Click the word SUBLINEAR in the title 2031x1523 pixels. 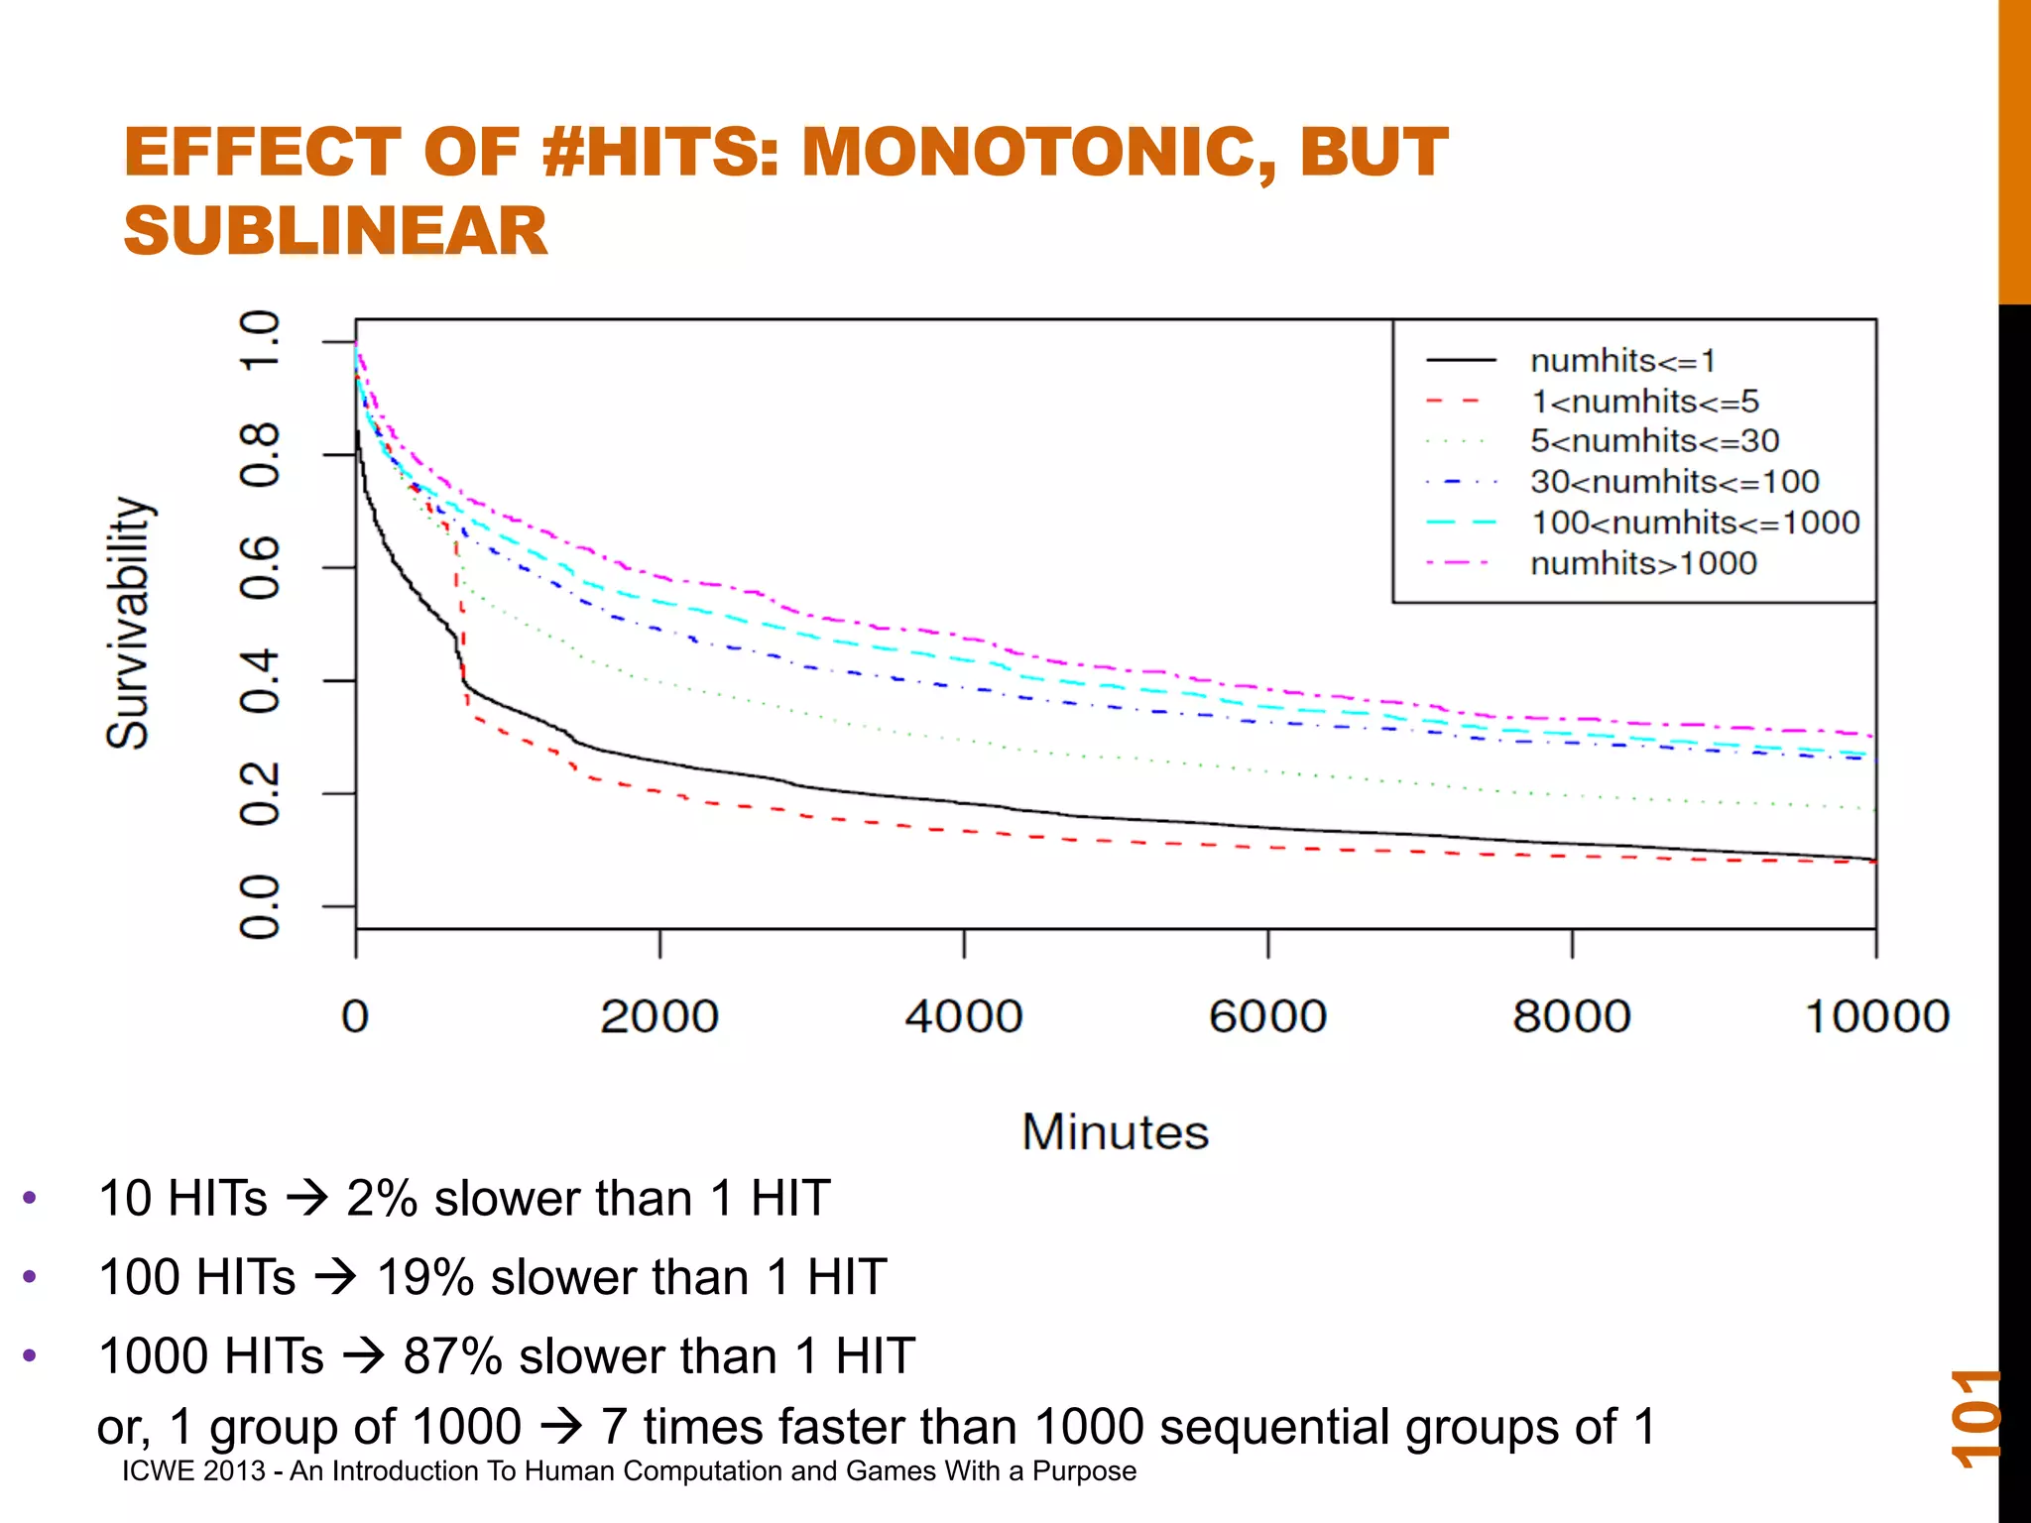coord(335,230)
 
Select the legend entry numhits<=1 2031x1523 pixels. coord(1622,361)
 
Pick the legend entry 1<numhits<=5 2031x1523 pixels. coord(1644,402)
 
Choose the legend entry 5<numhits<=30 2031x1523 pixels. coord(1654,441)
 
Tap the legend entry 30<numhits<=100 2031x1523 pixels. coord(1674,482)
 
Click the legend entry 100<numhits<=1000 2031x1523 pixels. coord(1695,523)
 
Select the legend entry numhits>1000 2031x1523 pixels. coord(1643,563)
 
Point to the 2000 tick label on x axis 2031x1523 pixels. coord(659,1017)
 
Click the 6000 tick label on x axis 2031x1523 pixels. coord(1267,1017)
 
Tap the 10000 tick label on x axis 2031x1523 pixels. coord(1876,1017)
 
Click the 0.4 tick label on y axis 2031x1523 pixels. coord(260,681)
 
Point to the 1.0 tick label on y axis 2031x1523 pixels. coord(260,340)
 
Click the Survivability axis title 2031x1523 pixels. coord(129,623)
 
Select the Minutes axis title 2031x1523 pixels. coord(1116,1132)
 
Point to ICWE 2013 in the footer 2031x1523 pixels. coord(193,1471)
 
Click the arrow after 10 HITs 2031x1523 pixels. coord(306,1200)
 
